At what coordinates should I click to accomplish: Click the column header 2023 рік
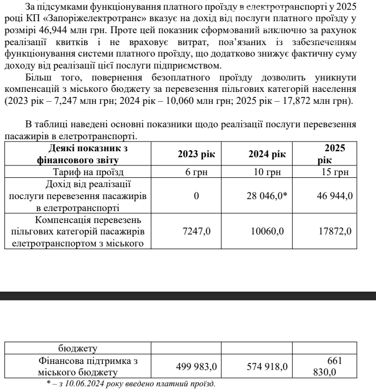tap(196, 155)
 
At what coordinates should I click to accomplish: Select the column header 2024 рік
tap(267, 155)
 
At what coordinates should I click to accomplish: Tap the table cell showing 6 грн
tap(196, 173)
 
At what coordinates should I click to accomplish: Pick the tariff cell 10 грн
tap(267, 173)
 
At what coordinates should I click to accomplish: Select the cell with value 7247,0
tap(196, 231)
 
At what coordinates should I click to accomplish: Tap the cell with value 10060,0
tap(267, 231)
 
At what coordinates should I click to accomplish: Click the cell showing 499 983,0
tap(196, 367)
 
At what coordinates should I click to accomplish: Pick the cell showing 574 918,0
tap(267, 367)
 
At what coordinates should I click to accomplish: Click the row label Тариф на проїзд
tap(77, 173)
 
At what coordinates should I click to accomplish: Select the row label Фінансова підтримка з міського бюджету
tap(77, 367)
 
